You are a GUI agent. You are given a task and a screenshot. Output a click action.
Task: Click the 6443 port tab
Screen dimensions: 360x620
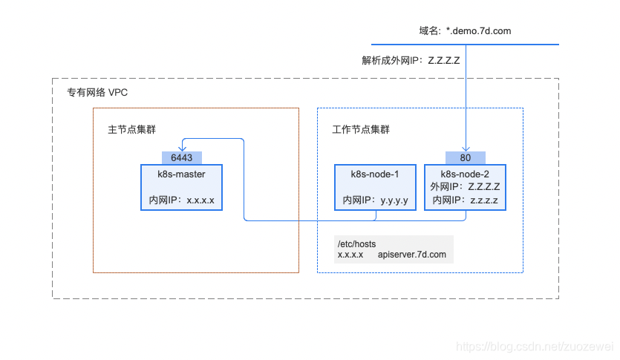(x=182, y=157)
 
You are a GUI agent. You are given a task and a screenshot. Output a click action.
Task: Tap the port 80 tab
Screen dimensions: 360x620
(x=465, y=157)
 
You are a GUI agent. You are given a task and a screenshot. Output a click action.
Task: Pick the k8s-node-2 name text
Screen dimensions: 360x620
(x=465, y=174)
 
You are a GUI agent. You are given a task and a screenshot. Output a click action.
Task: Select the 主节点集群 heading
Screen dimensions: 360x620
(x=131, y=129)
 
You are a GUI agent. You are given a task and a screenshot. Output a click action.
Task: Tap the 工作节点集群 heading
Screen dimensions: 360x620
(x=360, y=129)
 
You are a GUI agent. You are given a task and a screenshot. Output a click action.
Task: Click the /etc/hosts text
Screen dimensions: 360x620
(x=357, y=243)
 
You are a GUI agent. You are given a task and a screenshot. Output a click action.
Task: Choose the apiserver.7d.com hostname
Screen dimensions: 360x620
(x=411, y=255)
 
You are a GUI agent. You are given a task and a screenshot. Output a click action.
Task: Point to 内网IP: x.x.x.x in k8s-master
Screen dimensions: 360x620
(x=182, y=200)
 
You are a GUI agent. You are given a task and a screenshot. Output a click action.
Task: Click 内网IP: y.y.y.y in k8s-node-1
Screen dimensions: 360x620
(x=375, y=200)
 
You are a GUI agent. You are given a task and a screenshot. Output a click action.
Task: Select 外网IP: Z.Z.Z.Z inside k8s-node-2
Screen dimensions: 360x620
(x=465, y=187)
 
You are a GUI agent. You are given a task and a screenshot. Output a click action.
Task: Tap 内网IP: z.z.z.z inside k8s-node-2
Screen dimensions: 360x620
(x=465, y=200)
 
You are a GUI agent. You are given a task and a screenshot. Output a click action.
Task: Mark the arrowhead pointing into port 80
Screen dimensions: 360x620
(x=465, y=148)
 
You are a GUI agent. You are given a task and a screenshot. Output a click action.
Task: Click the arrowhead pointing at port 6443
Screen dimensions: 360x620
(x=182, y=148)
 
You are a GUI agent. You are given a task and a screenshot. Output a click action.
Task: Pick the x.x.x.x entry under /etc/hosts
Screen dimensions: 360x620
(x=350, y=255)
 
